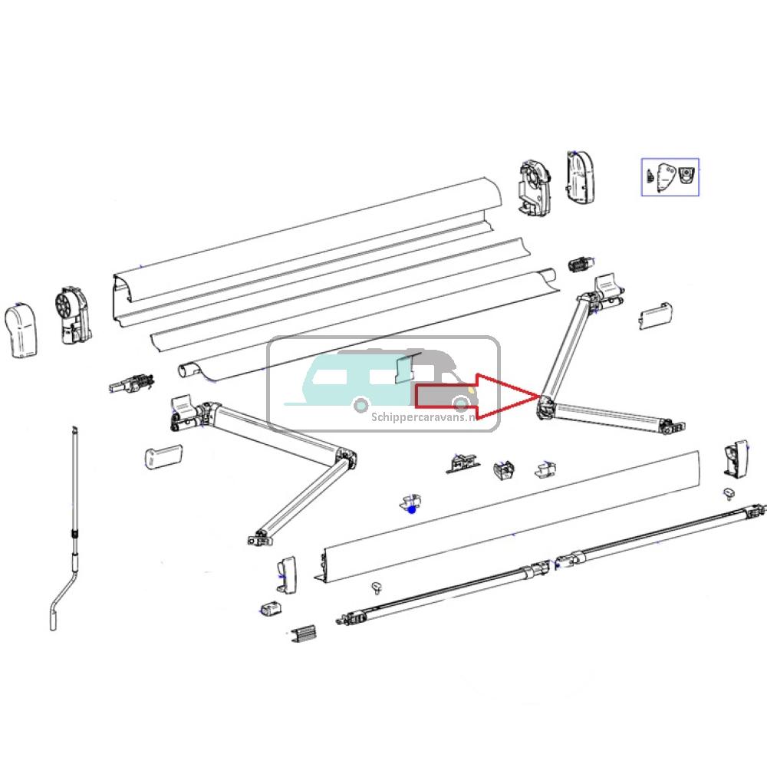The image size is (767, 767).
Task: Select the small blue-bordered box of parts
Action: point(670,176)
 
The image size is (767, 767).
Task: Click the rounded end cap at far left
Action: point(22,331)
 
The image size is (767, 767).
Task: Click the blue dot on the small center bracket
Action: point(413,508)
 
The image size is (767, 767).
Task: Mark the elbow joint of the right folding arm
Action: point(545,406)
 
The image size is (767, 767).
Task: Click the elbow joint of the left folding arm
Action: point(345,458)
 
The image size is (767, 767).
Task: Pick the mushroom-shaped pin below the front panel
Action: point(377,588)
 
